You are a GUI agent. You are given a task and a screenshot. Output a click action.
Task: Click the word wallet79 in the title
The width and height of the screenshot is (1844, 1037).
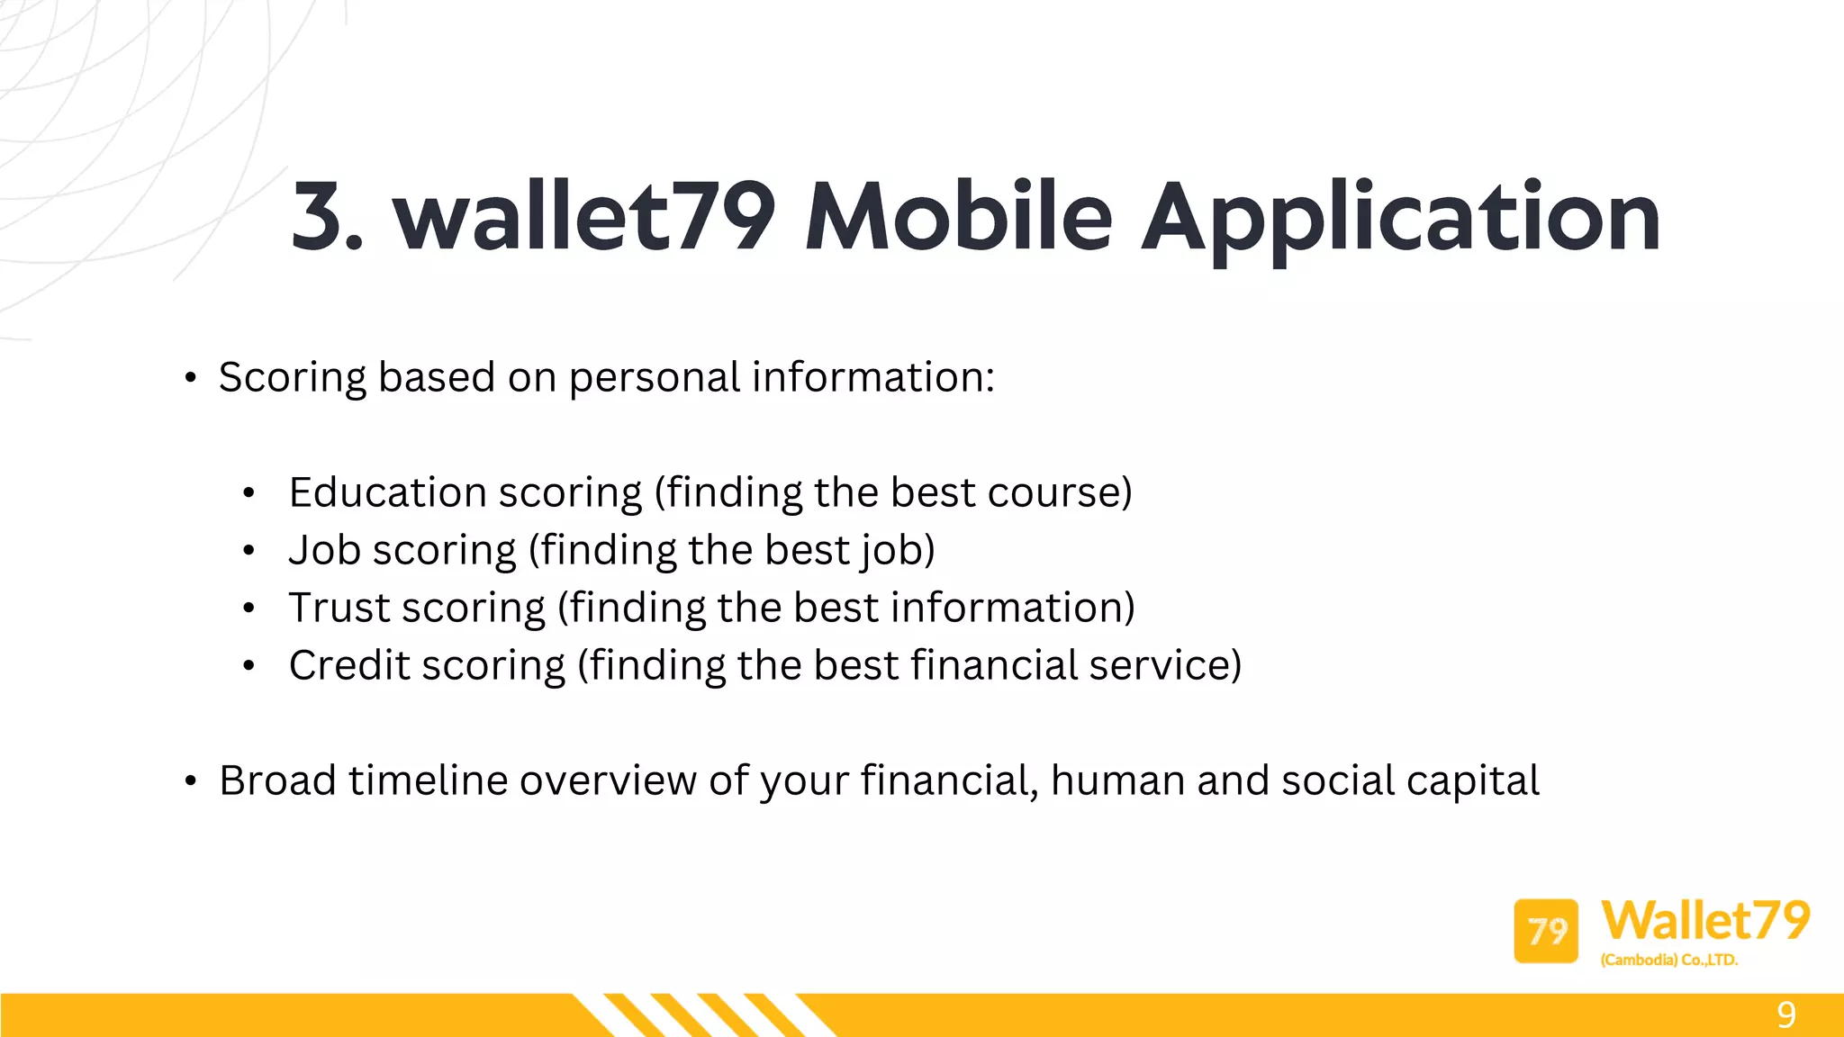click(x=583, y=216)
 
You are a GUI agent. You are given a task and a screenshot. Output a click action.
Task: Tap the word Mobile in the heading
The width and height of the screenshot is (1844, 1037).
click(x=958, y=216)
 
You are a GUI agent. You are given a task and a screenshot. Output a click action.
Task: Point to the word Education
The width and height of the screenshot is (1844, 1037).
click(x=388, y=493)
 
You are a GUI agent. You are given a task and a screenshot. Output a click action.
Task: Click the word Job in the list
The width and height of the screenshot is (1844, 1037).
click(x=324, y=551)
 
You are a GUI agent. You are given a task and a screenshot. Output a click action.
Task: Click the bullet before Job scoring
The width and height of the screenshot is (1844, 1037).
click(x=249, y=551)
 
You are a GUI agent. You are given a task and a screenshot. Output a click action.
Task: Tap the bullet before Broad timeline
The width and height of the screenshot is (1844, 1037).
click(x=190, y=781)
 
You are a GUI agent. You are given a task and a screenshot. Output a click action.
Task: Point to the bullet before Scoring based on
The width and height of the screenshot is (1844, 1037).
click(x=190, y=378)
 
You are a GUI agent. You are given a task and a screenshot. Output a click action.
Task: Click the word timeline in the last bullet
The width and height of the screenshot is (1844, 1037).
click(x=429, y=781)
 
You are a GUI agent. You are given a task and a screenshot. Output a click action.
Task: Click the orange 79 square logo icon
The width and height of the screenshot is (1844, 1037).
click(x=1546, y=931)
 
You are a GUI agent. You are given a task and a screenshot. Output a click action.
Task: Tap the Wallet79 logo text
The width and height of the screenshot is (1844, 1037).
click(x=1705, y=920)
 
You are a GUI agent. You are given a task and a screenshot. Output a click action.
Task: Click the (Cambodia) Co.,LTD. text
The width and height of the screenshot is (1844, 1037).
click(x=1668, y=960)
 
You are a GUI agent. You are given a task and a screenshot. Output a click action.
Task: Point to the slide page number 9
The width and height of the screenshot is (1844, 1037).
click(x=1786, y=1015)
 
